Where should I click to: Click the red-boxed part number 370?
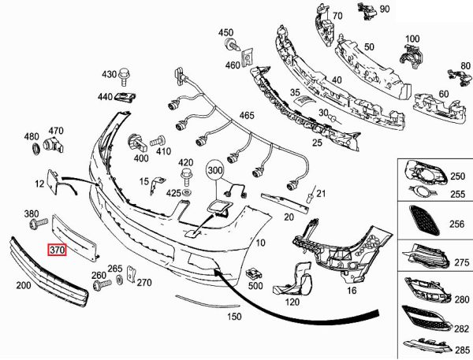[x=57, y=251]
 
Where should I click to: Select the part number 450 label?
[x=226, y=32]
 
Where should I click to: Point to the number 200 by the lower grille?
[x=23, y=287]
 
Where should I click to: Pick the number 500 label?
[x=255, y=287]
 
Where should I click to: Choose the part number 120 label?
[x=292, y=302]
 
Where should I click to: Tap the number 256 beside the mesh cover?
[x=455, y=223]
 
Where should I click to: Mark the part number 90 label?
[x=385, y=9]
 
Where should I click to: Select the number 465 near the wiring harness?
[x=247, y=116]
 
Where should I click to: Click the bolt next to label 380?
[x=35, y=225]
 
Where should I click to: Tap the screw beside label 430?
[x=125, y=76]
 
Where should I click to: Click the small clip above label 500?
[x=254, y=273]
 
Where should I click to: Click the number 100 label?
[x=412, y=38]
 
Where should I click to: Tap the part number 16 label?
[x=352, y=290]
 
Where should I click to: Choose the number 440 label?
[x=106, y=97]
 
